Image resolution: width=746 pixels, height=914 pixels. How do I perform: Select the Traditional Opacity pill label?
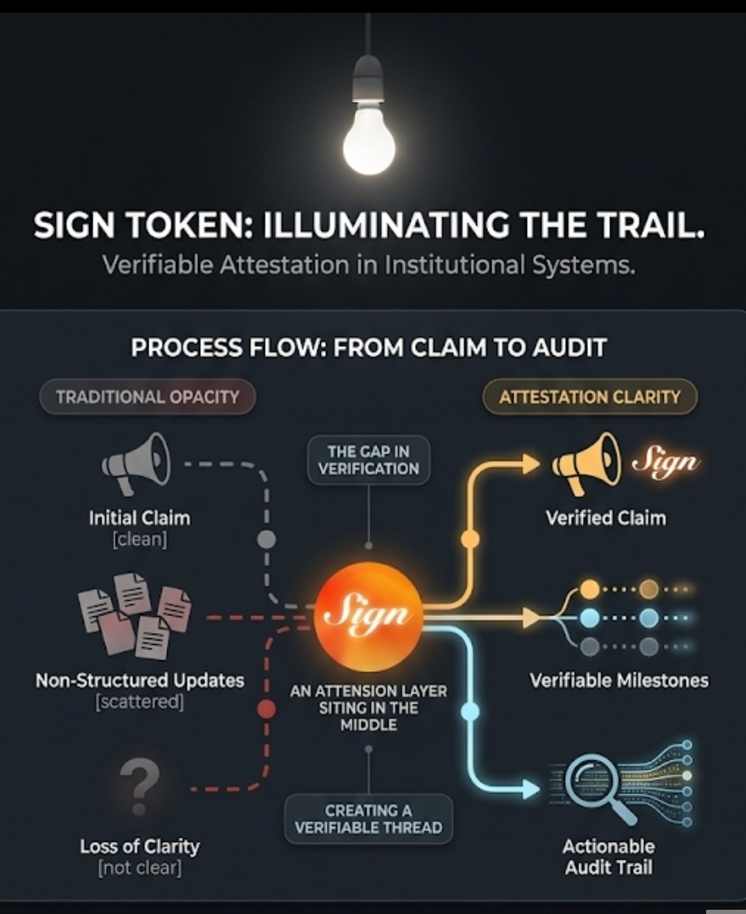point(148,396)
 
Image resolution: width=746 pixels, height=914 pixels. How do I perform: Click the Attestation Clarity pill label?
point(590,396)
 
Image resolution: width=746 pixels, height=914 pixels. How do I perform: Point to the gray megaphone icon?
point(137,463)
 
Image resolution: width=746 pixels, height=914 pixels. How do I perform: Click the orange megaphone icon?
point(586,463)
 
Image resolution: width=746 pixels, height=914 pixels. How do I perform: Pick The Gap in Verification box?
point(368,460)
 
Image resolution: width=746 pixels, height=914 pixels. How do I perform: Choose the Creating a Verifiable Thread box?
point(367,819)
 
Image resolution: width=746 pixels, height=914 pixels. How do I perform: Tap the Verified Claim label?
point(605,517)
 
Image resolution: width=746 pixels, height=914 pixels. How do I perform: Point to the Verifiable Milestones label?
point(619,680)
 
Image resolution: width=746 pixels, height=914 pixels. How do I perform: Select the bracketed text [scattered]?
point(140,702)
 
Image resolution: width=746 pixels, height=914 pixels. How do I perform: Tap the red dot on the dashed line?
point(266,709)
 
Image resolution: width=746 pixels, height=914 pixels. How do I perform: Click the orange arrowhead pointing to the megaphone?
point(530,463)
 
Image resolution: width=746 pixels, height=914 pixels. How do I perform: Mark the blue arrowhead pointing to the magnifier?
point(530,789)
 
